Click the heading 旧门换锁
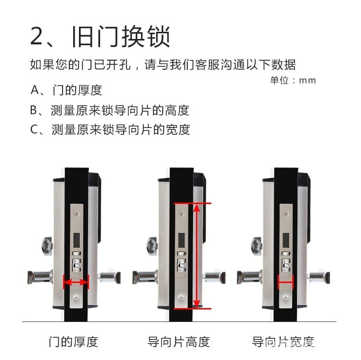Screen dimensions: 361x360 [121, 37]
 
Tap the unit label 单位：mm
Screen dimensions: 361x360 [293, 80]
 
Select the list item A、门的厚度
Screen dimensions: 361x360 [66, 90]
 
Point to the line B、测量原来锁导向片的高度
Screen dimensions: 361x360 [110, 110]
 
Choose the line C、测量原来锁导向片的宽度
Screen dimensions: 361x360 [110, 129]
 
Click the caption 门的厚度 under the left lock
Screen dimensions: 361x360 [74, 342]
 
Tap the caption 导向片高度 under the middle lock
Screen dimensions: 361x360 [179, 342]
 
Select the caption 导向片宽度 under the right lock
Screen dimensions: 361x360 [283, 342]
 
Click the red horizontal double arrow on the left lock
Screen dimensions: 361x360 [76, 282]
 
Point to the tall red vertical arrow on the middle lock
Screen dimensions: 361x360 [196, 256]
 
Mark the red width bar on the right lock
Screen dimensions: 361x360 [285, 282]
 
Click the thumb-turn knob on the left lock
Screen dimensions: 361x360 [47, 246]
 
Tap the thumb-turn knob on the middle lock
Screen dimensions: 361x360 [152, 246]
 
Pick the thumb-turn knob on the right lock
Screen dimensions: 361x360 [257, 246]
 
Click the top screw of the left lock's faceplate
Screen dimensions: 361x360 [77, 214]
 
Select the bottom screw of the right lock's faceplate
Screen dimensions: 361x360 [286, 298]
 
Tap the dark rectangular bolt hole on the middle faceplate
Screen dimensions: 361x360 [181, 240]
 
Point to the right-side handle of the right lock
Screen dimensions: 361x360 [319, 278]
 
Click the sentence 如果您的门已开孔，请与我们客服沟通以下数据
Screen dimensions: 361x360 [163, 64]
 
